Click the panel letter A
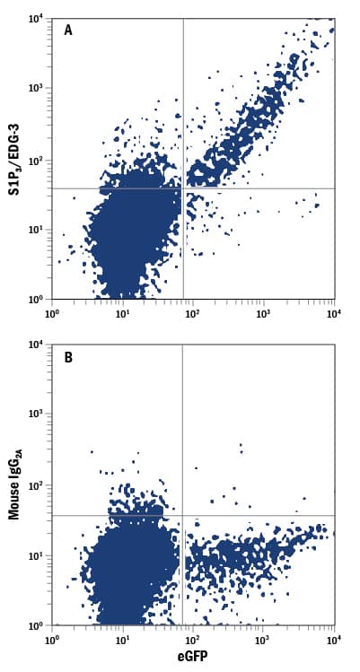(x=68, y=31)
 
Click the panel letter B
(x=68, y=357)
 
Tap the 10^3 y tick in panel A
(x=36, y=89)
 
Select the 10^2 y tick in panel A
(x=36, y=160)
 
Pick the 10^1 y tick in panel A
(x=36, y=230)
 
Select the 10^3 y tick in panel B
(x=36, y=415)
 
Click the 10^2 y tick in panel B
(x=36, y=485)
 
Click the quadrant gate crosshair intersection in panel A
(x=183, y=188)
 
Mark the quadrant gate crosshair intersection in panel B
(x=182, y=515)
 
